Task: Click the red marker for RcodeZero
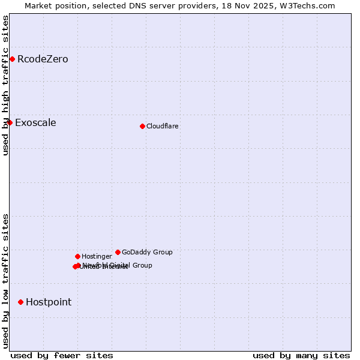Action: [12, 59]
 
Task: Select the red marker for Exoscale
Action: [10, 122]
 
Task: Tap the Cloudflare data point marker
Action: [142, 126]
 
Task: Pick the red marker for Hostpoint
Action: [20, 302]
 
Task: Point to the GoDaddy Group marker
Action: [118, 252]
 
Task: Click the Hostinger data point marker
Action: [77, 256]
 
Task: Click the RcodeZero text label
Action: [43, 59]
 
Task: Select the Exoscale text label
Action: [35, 123]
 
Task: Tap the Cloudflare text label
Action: [162, 126]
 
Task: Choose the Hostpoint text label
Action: [48, 302]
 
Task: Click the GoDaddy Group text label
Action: [147, 252]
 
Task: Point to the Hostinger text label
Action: [97, 256]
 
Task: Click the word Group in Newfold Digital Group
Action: [142, 265]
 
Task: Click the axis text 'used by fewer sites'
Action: [62, 355]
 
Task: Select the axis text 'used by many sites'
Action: [301, 355]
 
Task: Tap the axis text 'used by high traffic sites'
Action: [5, 86]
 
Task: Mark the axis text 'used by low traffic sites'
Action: [5, 281]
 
